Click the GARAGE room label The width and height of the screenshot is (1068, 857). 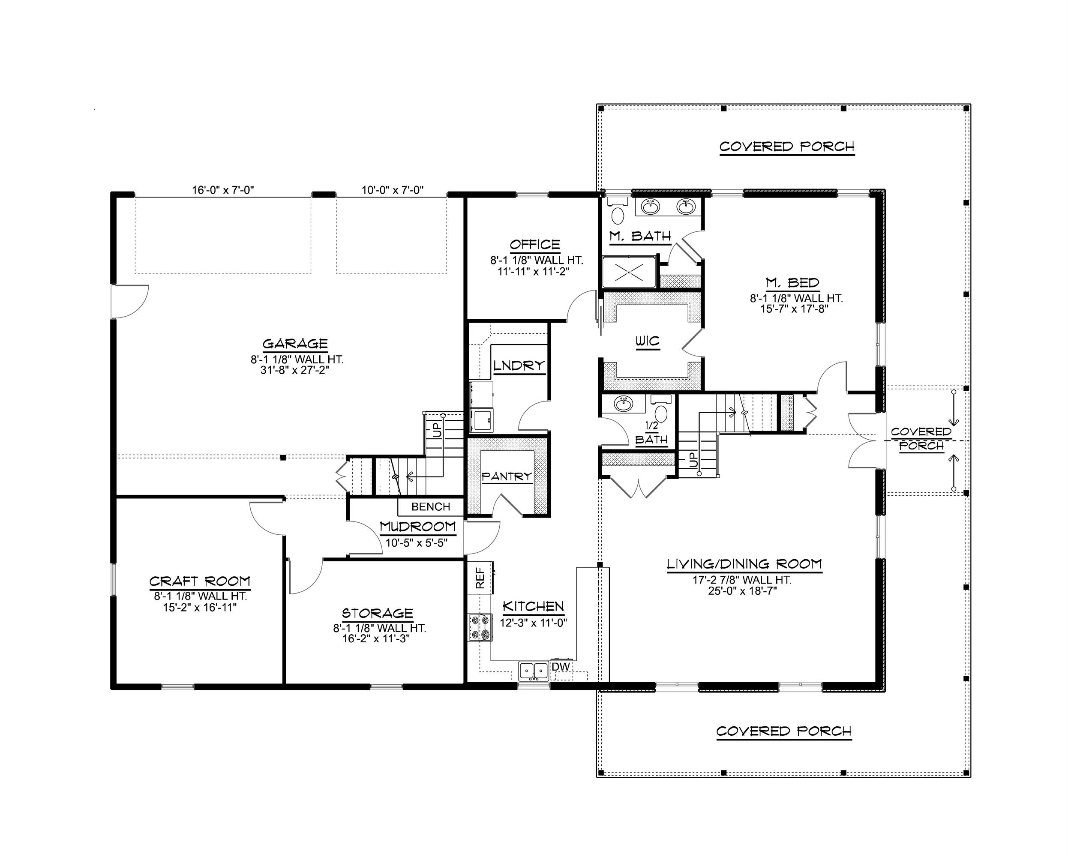coord(295,344)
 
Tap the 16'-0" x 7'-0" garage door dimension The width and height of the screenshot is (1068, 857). coord(223,190)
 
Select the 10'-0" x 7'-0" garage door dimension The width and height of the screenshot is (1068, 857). coord(392,190)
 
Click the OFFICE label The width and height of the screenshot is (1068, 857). coord(535,245)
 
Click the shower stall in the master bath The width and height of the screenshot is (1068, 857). coord(629,273)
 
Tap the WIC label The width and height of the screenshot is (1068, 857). coord(648,342)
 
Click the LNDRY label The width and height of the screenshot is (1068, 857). coord(519,366)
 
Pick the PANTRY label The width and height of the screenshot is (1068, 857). coord(507,476)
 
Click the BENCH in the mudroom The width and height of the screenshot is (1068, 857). coord(430,507)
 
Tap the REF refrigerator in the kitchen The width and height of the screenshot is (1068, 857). coord(480,578)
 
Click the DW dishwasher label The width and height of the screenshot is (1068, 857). coord(561,667)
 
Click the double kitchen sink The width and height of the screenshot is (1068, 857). coord(534,671)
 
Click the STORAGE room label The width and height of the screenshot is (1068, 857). coord(378,613)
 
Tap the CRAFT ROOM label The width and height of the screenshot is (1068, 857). coord(200,581)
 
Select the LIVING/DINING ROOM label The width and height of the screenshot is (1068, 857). coord(744,564)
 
